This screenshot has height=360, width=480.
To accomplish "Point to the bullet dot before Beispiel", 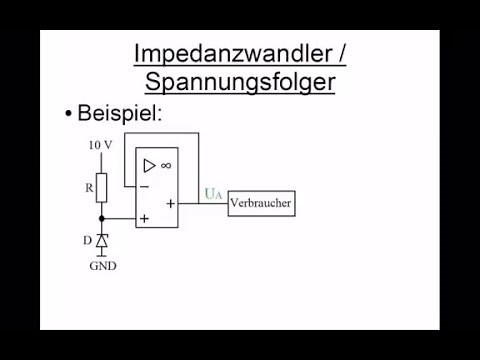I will pos(68,115).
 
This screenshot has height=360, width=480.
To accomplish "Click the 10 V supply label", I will pos(100,146).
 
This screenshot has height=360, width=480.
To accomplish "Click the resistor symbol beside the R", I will pos(101,186).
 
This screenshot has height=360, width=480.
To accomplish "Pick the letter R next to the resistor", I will pos(87,185).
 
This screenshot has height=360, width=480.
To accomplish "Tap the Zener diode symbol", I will pos(101,241).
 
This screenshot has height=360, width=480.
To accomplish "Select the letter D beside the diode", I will pos(87,241).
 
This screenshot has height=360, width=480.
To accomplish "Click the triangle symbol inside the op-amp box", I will pos(150,165).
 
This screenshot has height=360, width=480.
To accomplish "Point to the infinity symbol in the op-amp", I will pos(165,165).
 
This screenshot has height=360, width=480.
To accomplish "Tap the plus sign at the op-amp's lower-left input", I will pos(145,218).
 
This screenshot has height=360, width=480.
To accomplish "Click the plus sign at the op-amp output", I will pos(170,203).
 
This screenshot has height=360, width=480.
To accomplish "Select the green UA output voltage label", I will pos(212,194).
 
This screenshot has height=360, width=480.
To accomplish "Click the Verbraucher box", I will pos(262,203).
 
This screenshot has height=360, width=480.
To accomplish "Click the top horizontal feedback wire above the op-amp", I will pos(160,134).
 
